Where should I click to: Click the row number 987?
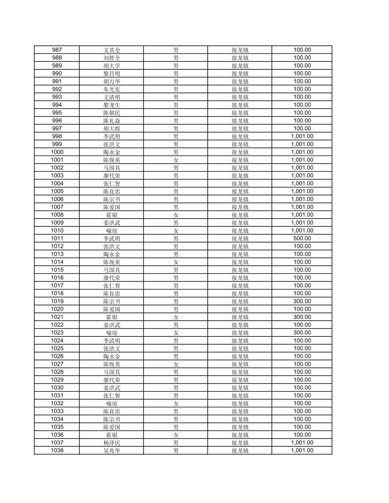[57, 50]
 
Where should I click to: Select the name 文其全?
[112, 50]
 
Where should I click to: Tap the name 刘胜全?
[112, 58]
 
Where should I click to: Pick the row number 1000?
[57, 152]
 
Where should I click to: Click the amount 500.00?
[302, 238]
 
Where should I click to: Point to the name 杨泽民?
[112, 443]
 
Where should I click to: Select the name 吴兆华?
[112, 451]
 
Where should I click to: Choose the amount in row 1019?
[302, 301]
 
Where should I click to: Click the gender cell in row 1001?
[176, 160]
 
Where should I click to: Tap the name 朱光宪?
[112, 89]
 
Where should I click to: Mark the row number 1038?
[57, 451]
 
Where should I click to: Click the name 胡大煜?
[112, 128]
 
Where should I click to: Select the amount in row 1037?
[302, 443]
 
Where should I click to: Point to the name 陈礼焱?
[112, 121]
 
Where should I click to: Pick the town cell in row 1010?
[240, 231]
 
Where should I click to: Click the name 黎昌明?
[112, 74]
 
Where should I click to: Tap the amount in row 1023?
[302, 333]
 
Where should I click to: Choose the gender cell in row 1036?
[176, 435]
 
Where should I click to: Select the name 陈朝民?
[112, 113]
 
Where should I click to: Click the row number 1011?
[57, 238]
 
